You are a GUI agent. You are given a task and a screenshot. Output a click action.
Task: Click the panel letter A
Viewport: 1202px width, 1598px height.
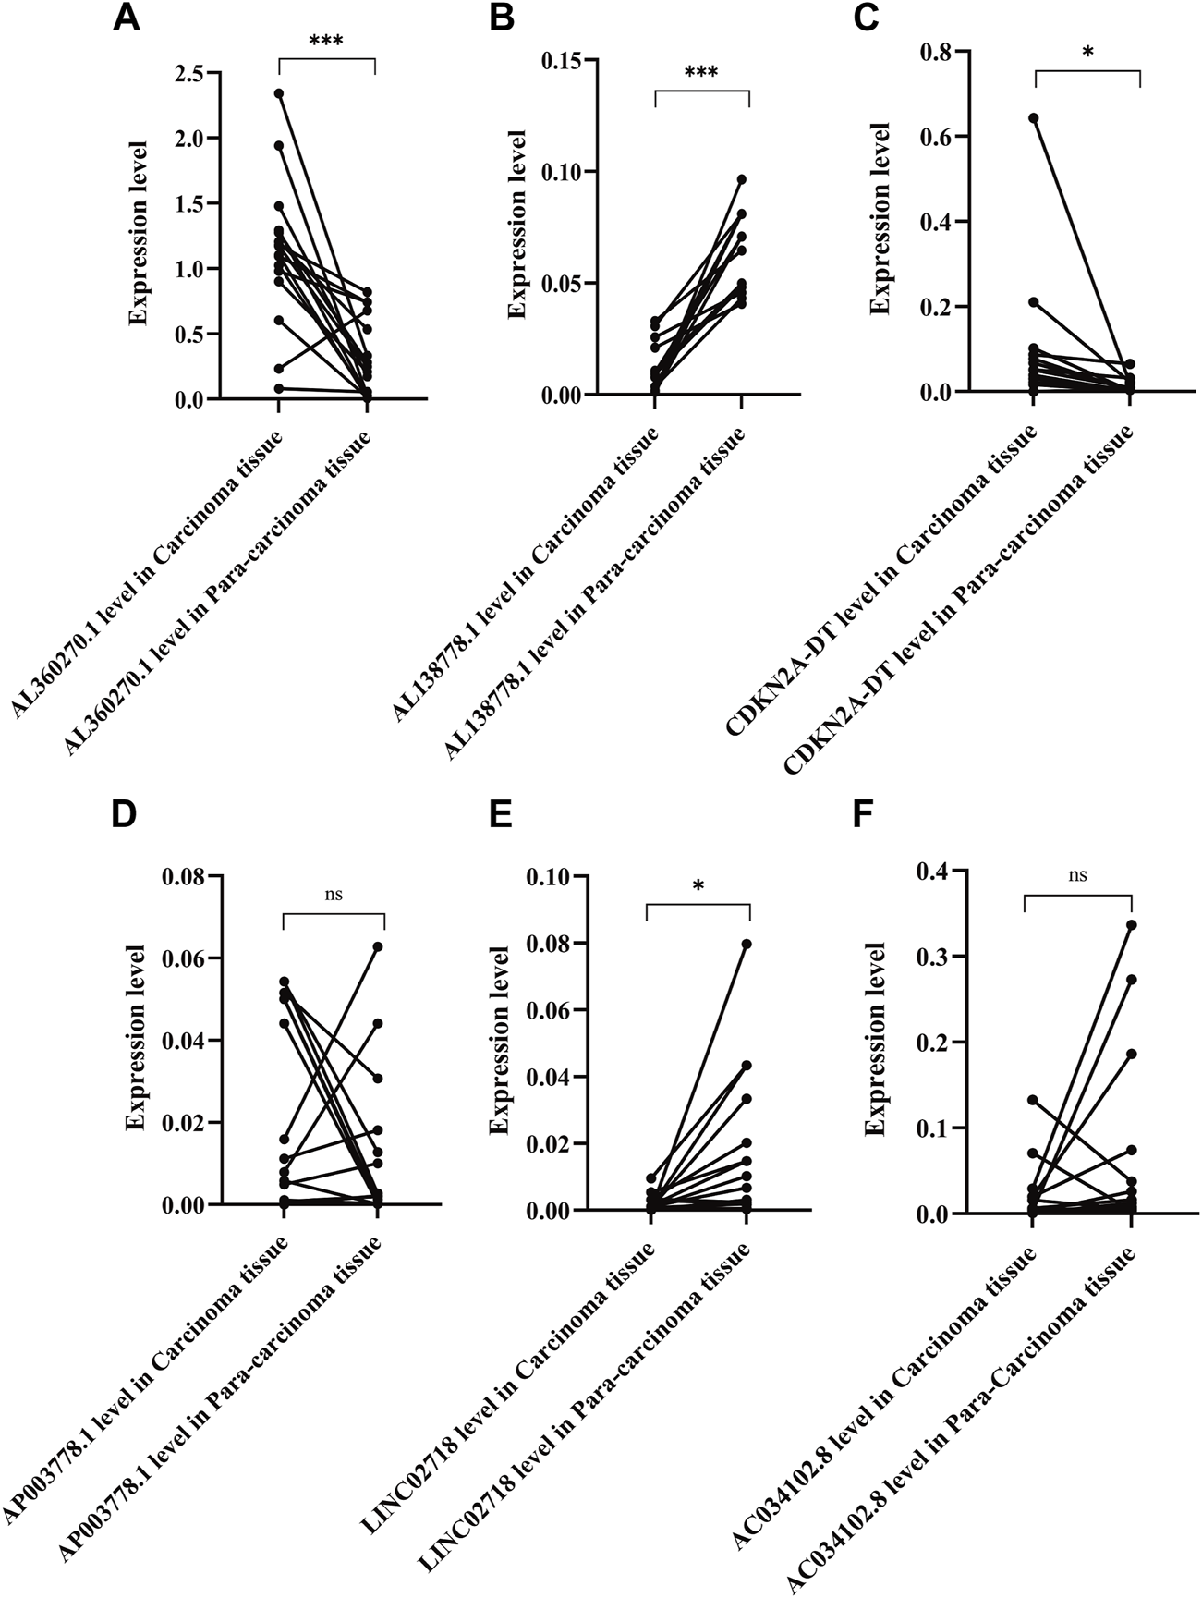127,18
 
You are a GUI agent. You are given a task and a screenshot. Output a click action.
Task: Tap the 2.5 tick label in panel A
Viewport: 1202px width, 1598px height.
189,73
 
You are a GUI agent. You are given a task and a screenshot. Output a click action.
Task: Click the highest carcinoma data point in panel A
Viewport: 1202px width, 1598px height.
279,93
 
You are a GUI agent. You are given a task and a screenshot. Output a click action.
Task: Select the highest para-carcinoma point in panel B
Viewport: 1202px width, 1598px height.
741,179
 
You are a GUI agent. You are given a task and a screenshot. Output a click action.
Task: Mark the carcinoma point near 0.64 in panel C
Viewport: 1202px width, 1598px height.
1034,118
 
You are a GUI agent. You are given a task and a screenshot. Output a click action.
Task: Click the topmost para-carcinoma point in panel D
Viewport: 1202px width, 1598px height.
378,946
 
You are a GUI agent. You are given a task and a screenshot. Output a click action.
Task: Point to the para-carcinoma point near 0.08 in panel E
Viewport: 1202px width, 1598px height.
747,944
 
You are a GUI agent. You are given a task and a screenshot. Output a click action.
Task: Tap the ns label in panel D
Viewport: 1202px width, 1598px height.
334,894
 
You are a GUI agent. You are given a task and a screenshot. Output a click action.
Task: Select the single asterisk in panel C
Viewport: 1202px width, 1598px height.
1087,52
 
